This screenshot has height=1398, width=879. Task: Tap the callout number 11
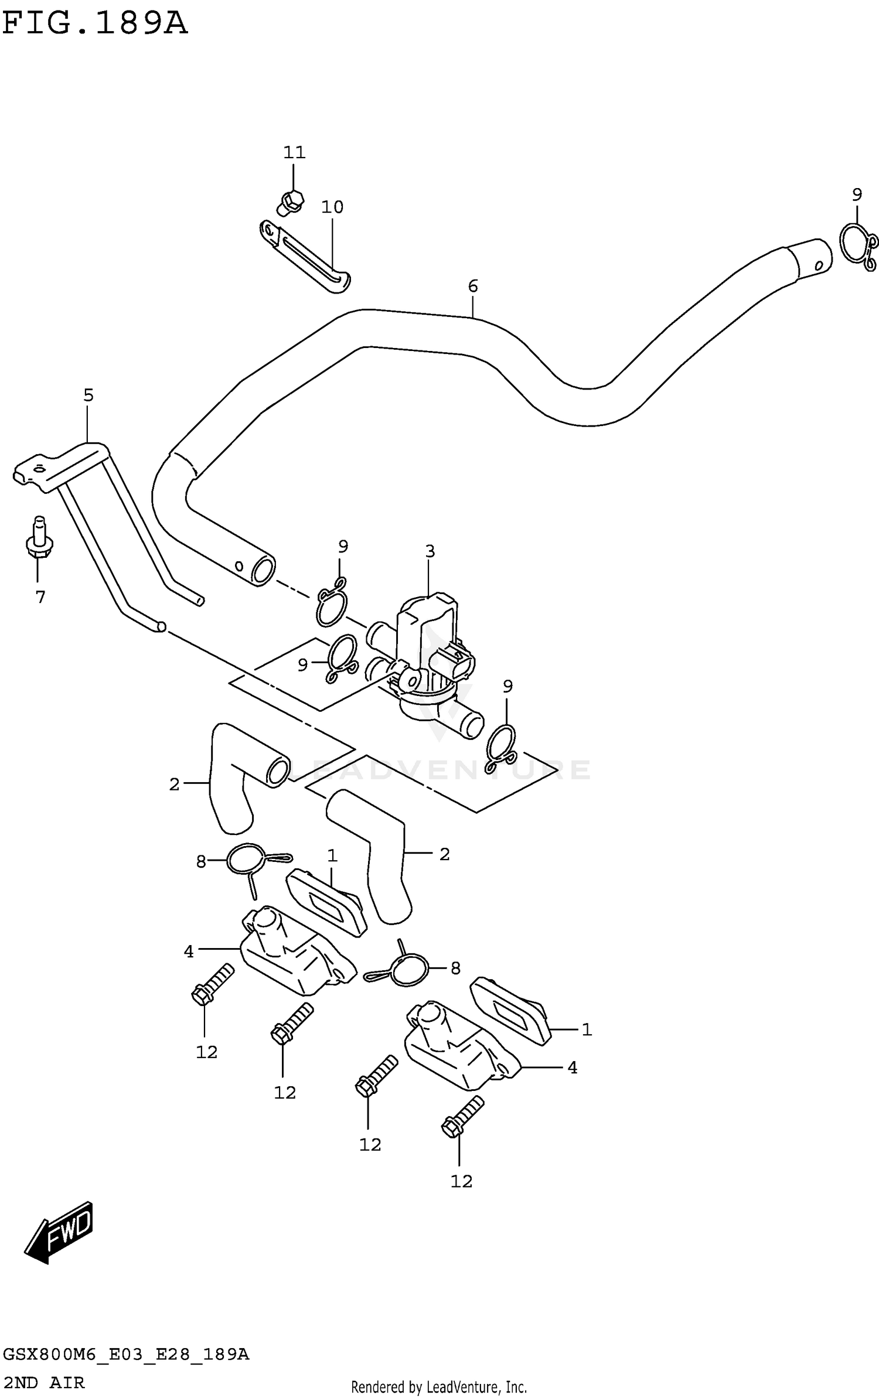[x=294, y=153]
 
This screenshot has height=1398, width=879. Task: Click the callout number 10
[x=332, y=207]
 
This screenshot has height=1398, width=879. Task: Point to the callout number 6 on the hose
[x=473, y=286]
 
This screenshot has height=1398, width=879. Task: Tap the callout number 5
[x=88, y=395]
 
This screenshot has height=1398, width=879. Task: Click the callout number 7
[x=40, y=598]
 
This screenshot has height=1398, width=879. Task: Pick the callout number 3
[x=430, y=551]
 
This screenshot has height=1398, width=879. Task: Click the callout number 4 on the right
[x=573, y=1068]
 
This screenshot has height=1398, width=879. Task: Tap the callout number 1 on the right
[x=587, y=1029]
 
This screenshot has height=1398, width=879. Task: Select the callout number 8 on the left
[x=201, y=862]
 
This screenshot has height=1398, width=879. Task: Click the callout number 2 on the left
[x=174, y=785]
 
